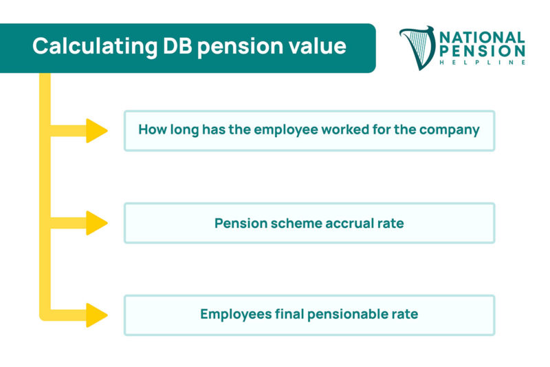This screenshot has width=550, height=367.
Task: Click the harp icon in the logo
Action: point(417,48)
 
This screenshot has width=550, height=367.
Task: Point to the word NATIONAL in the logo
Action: point(482,37)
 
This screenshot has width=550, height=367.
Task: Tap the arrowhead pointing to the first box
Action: point(96,130)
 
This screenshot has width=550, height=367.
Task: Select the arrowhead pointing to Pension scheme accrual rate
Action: point(96,223)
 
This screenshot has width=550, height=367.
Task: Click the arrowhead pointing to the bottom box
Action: point(96,315)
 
